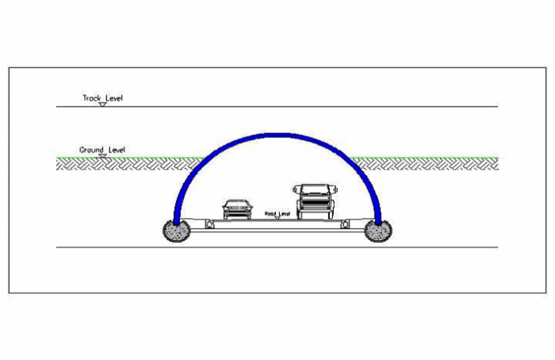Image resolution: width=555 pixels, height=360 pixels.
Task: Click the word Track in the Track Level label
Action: pos(92,98)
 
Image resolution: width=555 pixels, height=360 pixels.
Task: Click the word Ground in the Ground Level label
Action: pos(90,149)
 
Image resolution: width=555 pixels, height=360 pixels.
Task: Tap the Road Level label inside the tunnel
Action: pos(277,213)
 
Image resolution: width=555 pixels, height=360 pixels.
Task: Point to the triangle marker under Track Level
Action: pos(102,104)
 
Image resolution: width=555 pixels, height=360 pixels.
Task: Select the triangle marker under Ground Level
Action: pos(102,155)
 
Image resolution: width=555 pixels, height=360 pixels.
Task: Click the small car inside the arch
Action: pos(235,209)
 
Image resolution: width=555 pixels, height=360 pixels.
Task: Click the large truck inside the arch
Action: pos(316,201)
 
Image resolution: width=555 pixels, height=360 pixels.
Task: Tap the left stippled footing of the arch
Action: pos(176,231)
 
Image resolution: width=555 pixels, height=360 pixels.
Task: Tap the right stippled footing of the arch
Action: pos(378,231)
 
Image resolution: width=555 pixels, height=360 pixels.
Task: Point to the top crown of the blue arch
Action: pos(277,136)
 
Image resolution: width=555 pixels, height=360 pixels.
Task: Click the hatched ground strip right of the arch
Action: pos(428,163)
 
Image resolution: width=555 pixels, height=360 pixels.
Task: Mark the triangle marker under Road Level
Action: pos(277,218)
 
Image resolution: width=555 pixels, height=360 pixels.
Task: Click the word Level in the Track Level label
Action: pos(113,98)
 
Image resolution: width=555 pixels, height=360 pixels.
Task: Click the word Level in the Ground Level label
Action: pos(115,149)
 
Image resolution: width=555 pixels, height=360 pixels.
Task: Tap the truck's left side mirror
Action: pos(296,190)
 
